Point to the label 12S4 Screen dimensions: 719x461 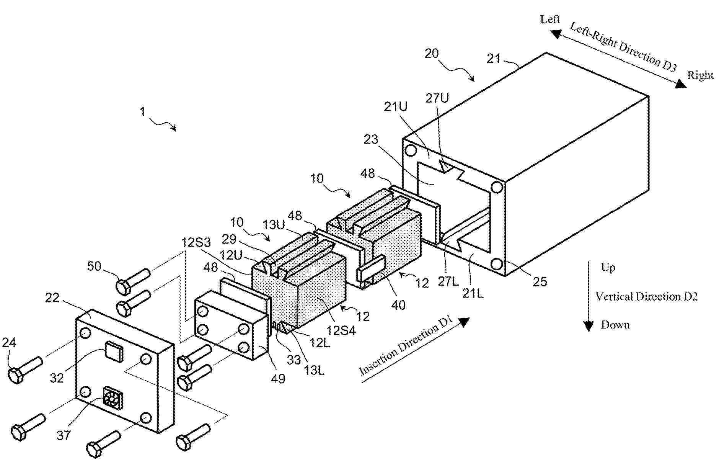coord(341,330)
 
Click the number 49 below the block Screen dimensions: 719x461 coord(278,379)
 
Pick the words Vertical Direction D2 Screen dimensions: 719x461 coord(647,296)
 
